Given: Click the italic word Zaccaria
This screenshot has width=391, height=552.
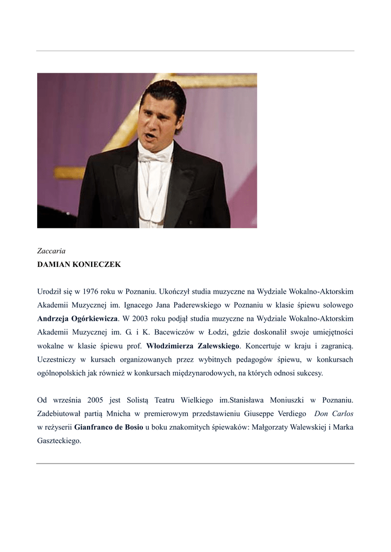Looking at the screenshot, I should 51,251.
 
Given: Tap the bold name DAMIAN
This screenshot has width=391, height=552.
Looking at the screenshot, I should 53,265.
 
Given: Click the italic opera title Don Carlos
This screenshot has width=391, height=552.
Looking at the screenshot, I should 333,414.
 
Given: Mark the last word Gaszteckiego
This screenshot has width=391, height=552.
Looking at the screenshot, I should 59,441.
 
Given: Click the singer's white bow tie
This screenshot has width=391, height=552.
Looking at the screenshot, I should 155,157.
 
